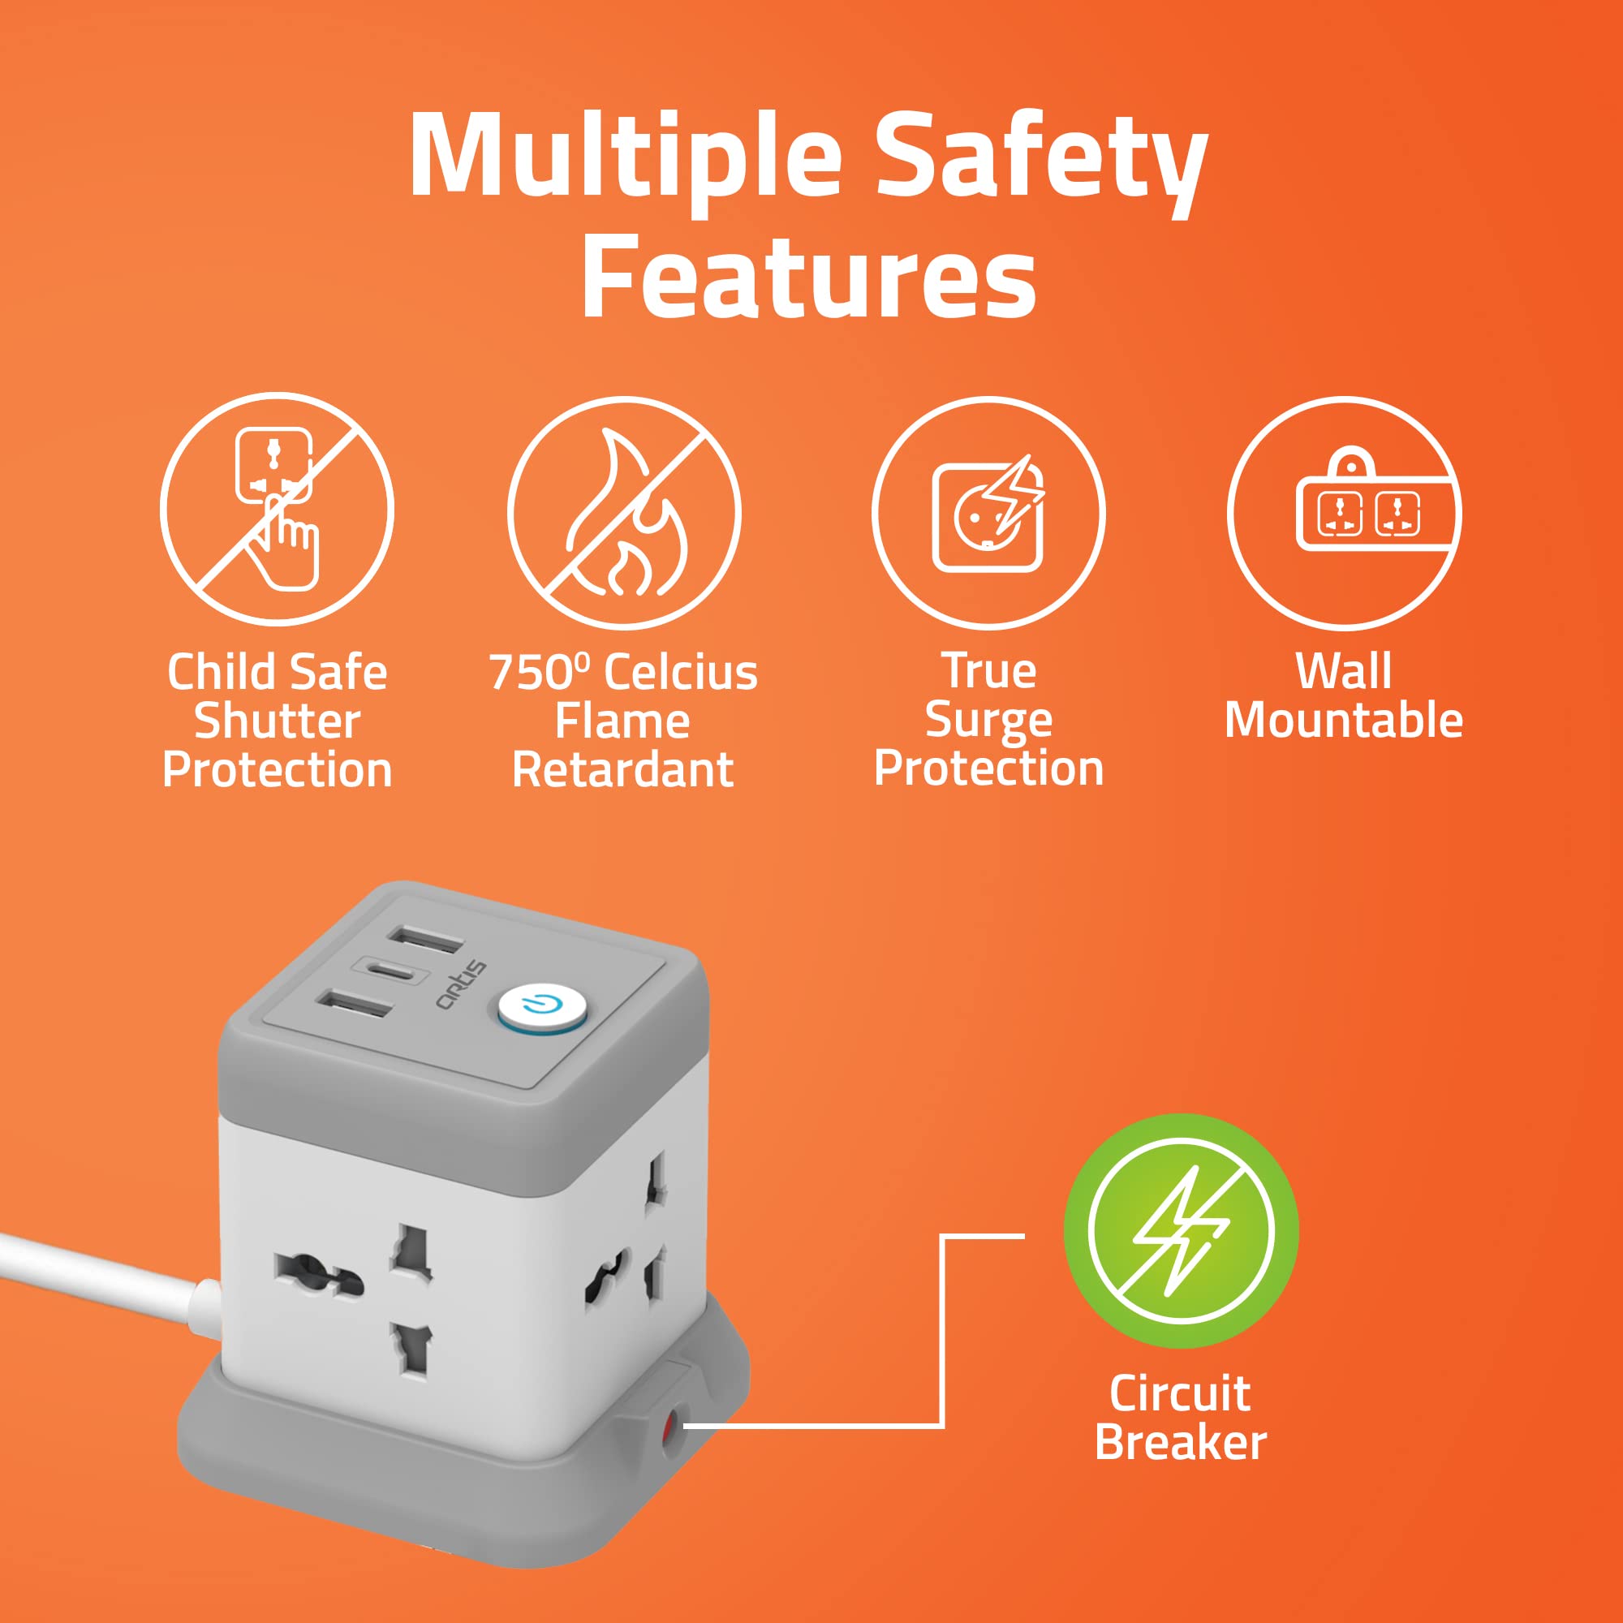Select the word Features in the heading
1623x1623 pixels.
pyautogui.click(x=808, y=276)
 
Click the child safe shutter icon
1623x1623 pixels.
pyautogui.click(x=278, y=509)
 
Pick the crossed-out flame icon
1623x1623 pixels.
pyautogui.click(x=623, y=512)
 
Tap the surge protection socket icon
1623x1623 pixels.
pyautogui.click(x=988, y=512)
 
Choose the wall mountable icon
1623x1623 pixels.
pyautogui.click(x=1344, y=512)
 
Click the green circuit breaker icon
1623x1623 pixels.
pyautogui.click(x=1180, y=1232)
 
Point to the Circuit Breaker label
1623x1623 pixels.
pyautogui.click(x=1180, y=1418)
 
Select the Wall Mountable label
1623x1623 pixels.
pyautogui.click(x=1344, y=695)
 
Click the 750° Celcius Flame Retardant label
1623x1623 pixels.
pyautogui.click(x=623, y=721)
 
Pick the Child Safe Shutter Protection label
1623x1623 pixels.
pyautogui.click(x=278, y=721)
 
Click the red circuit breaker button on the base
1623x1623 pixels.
pyautogui.click(x=670, y=1427)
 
